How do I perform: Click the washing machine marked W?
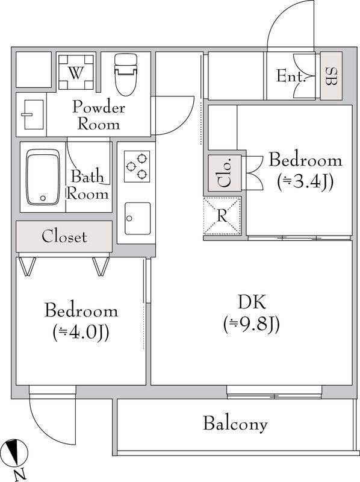coord(75,73)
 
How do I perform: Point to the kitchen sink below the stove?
coord(137,219)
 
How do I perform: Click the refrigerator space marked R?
coord(222,215)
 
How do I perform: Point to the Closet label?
coord(64,236)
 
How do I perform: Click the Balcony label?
coord(235,424)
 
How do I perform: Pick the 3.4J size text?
coord(305,180)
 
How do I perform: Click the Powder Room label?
coord(99,116)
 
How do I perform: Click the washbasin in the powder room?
coord(30,114)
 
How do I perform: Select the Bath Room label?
coord(88,185)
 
